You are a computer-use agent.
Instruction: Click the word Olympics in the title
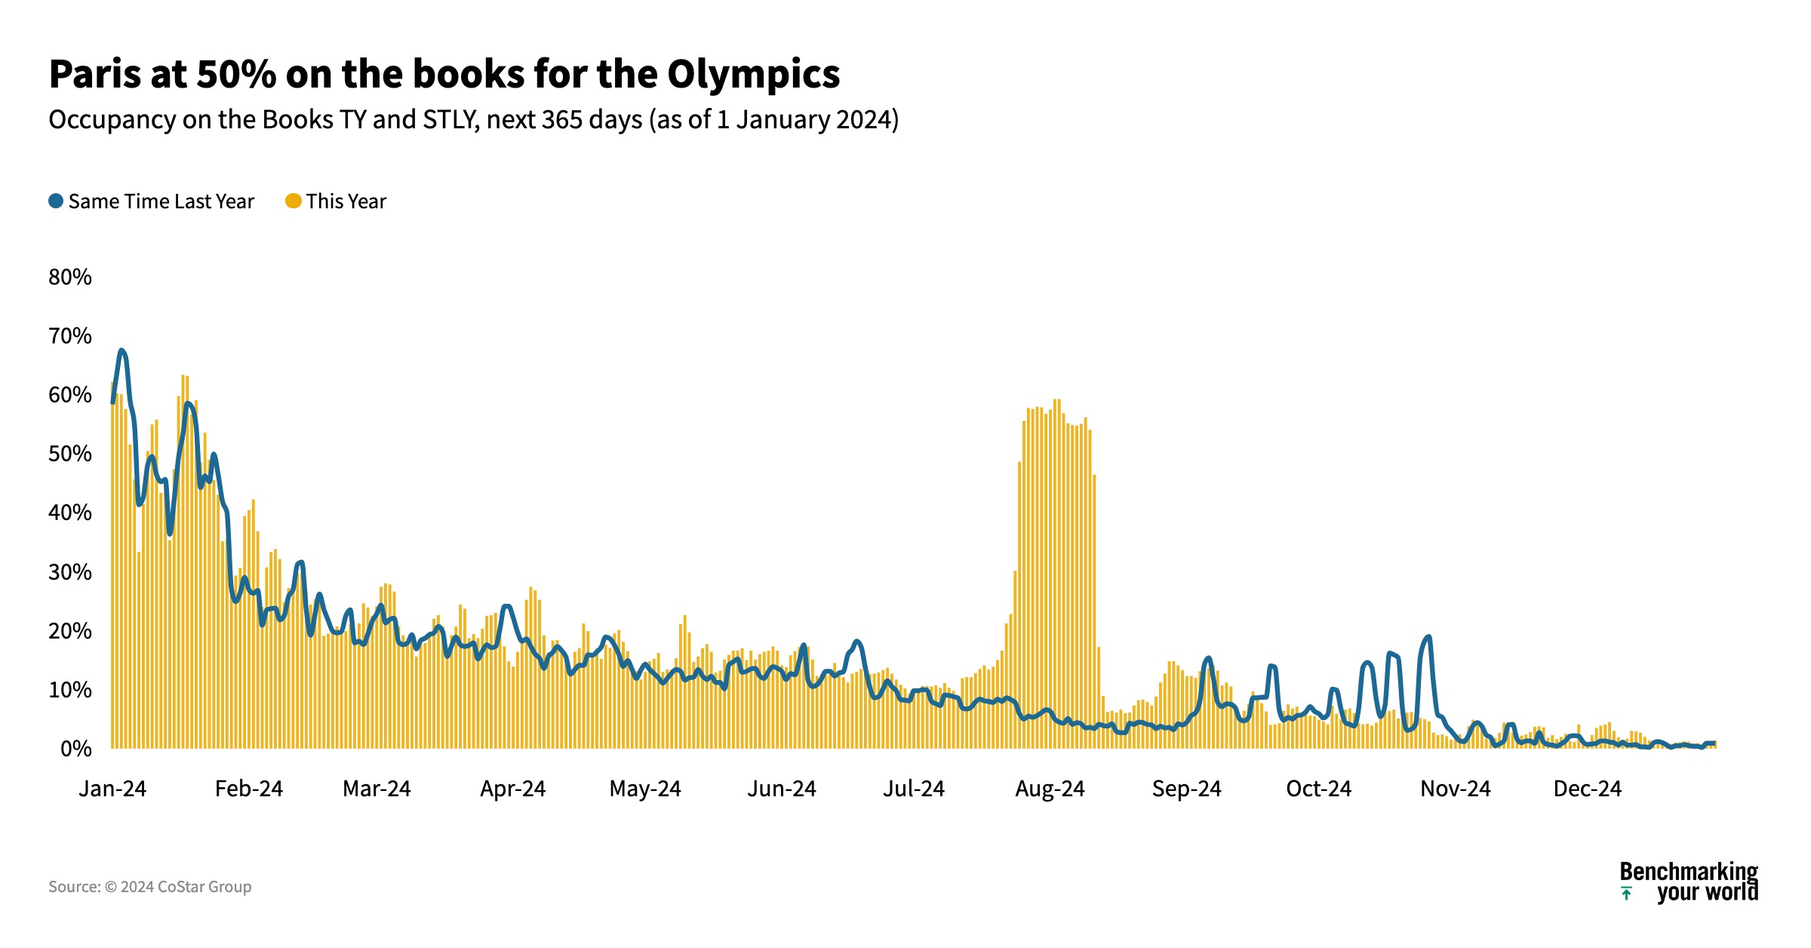coord(753,74)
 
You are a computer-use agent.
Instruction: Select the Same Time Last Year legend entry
coord(152,202)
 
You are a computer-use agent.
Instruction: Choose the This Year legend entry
coord(336,202)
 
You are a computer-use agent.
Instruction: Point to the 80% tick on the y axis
coord(70,277)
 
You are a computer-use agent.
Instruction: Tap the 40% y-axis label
coord(70,513)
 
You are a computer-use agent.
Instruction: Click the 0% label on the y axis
coord(75,749)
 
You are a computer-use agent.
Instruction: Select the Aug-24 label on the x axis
coord(1050,789)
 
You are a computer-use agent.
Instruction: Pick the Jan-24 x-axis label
coord(112,789)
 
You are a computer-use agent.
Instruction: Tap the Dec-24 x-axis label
coord(1587,789)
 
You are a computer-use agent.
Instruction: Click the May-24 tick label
coord(644,789)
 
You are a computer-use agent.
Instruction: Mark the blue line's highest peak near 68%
coord(121,351)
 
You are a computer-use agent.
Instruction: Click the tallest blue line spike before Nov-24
coord(1427,638)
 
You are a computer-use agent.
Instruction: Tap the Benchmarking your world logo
coord(1689,882)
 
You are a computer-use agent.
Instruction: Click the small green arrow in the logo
coord(1627,894)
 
